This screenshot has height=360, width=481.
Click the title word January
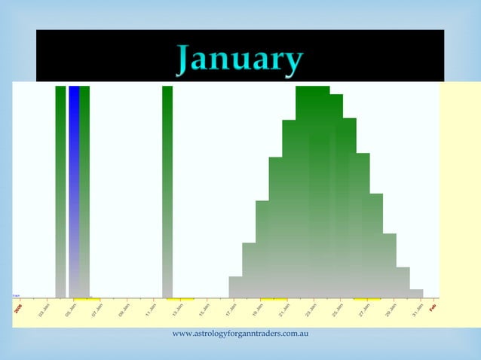240,60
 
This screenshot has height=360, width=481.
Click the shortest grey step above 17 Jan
235,287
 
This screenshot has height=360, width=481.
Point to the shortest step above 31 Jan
416,293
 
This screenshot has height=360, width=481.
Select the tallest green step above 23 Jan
312,188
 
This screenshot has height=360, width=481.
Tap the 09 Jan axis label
123,310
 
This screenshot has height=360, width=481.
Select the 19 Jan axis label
258,310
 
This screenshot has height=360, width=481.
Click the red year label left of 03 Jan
18,308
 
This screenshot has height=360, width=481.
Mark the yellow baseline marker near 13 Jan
180,298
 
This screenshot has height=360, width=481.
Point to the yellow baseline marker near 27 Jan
367,298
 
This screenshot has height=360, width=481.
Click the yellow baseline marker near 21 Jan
274,298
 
